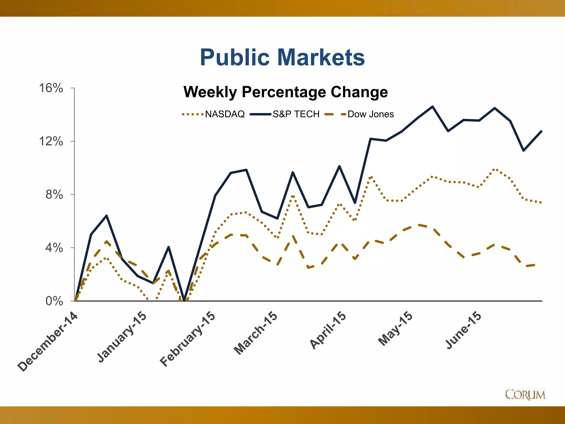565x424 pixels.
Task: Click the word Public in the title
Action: click(234, 57)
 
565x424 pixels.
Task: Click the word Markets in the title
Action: click(321, 57)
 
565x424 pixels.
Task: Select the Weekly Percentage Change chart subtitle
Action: click(286, 92)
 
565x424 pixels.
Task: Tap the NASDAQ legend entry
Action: click(225, 114)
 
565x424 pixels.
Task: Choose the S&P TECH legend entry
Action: click(296, 114)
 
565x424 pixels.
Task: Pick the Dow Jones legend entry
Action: click(370, 114)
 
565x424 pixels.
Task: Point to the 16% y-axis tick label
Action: click(51, 88)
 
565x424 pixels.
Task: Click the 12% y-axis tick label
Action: click(51, 141)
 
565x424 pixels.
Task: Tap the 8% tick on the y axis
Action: click(54, 195)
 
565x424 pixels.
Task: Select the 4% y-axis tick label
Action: click(54, 248)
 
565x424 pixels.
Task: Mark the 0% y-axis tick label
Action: click(54, 301)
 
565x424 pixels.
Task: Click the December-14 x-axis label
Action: click(47, 342)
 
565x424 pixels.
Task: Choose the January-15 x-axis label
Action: click(122, 337)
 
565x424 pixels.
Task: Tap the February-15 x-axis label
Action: click(187, 339)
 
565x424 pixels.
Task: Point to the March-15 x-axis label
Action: click(255, 333)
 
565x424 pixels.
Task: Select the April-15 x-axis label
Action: click(327, 330)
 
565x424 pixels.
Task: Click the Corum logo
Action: click(525, 394)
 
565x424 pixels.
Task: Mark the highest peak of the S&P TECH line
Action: click(432, 107)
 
